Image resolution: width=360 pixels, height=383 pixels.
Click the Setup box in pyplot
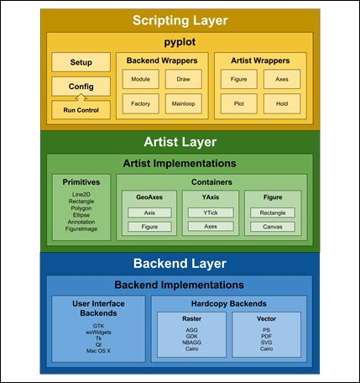[x=81, y=62]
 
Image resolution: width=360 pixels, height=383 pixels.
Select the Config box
[x=81, y=87]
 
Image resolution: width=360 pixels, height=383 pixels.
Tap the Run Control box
[x=81, y=110]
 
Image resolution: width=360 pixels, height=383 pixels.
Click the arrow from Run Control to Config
[x=81, y=97]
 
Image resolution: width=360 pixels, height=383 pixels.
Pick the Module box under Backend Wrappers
[x=141, y=79]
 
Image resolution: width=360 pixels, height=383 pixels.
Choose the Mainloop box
[x=184, y=103]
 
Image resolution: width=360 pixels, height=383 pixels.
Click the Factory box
[x=141, y=103]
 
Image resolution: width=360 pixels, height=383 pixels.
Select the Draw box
[x=184, y=79]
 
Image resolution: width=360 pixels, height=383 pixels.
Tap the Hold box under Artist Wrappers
[x=282, y=103]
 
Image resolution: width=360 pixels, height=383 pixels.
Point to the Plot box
[x=239, y=103]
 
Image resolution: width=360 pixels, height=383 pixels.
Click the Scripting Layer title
[x=180, y=20]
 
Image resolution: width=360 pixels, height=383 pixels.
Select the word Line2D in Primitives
[x=81, y=194]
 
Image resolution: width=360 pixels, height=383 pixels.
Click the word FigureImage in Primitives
[x=81, y=228]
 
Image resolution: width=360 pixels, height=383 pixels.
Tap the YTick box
[x=211, y=212]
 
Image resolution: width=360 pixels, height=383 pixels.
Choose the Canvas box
[x=273, y=227]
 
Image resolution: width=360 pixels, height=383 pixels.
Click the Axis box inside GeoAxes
[x=149, y=212]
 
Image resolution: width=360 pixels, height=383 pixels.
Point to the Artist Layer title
[x=180, y=142]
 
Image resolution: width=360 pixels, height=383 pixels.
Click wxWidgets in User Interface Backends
[x=98, y=333]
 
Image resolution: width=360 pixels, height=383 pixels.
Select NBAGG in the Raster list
[x=191, y=343]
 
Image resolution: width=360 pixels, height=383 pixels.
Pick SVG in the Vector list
[x=266, y=343]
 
